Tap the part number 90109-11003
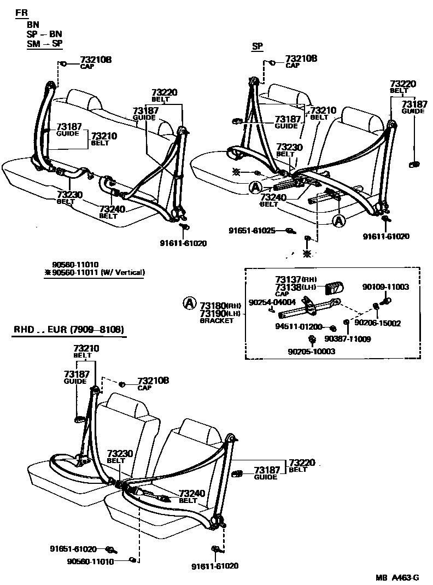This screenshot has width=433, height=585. click(x=385, y=286)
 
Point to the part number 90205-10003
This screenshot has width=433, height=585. click(x=311, y=352)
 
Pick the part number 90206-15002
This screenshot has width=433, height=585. click(x=378, y=323)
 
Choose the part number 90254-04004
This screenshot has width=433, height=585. click(x=272, y=302)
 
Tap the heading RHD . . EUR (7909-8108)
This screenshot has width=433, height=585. click(x=67, y=330)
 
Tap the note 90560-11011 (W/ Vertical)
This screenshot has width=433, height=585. click(x=98, y=272)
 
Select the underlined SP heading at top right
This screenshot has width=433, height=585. click(x=257, y=46)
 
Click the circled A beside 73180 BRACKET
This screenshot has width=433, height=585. click(x=189, y=302)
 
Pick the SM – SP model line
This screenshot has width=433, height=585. click(x=45, y=44)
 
